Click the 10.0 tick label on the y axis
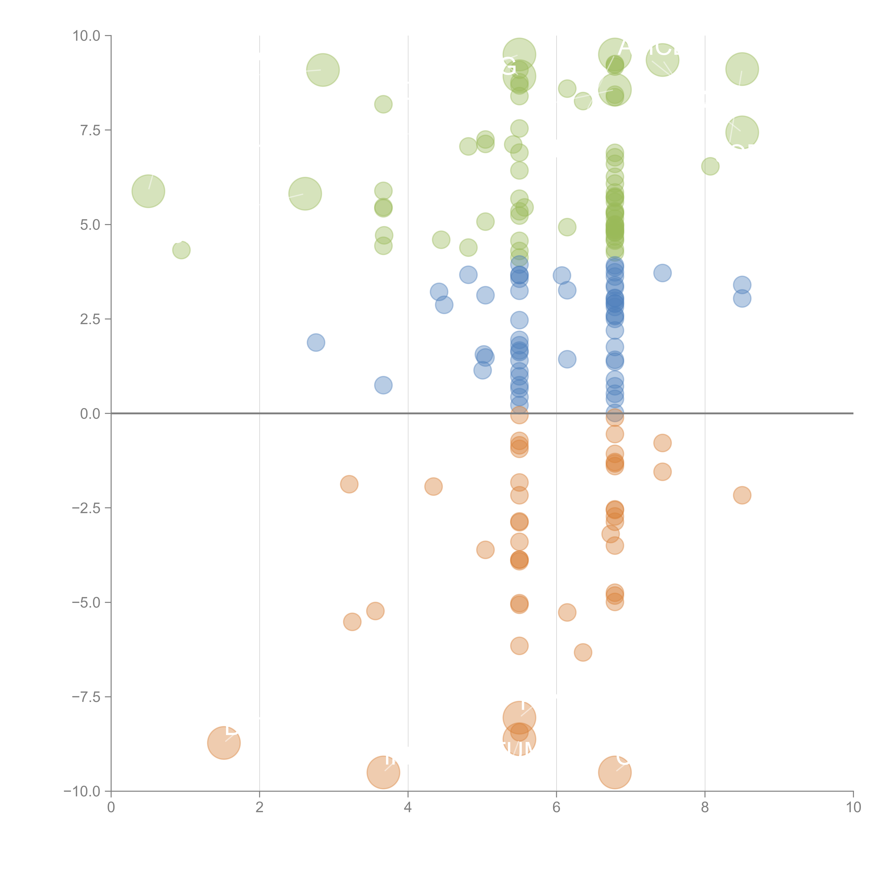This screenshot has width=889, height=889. pos(87,36)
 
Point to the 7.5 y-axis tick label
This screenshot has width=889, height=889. pos(90,131)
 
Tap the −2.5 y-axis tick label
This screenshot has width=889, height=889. pos(87,509)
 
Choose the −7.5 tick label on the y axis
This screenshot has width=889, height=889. pos(87,697)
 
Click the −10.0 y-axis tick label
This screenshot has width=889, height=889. pos(83,791)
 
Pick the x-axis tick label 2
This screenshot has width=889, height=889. pos(260,808)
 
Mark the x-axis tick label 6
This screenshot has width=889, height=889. pos(556,808)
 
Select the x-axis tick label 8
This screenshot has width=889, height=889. pos(705,808)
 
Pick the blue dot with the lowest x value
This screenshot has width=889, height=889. pos(316,342)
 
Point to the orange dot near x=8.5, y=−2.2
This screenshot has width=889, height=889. pos(742,495)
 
